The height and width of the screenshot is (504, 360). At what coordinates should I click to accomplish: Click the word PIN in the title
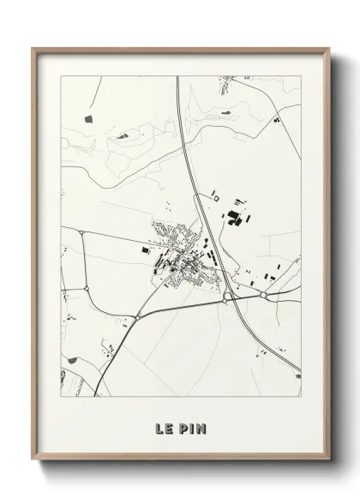pyautogui.click(x=191, y=427)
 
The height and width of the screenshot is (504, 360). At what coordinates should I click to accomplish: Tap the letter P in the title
pyautogui.click(x=183, y=427)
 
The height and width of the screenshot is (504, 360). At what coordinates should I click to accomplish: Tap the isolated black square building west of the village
pyautogui.click(x=143, y=249)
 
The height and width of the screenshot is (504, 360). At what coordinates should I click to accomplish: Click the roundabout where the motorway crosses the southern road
pyautogui.click(x=225, y=297)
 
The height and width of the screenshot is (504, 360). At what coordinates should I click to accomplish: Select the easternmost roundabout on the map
pyautogui.click(x=264, y=296)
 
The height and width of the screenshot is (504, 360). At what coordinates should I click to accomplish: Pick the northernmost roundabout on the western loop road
pyautogui.click(x=80, y=232)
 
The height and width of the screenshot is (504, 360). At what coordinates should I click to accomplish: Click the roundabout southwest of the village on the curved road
pyautogui.click(x=137, y=318)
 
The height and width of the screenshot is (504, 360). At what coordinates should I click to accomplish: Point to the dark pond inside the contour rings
pyautogui.click(x=120, y=134)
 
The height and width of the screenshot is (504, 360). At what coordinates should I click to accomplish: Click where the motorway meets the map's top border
pyautogui.click(x=177, y=75)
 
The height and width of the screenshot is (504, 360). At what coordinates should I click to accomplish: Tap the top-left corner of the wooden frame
pyautogui.click(x=33, y=49)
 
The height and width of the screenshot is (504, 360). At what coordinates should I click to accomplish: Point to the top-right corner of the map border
pyautogui.click(x=301, y=75)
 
